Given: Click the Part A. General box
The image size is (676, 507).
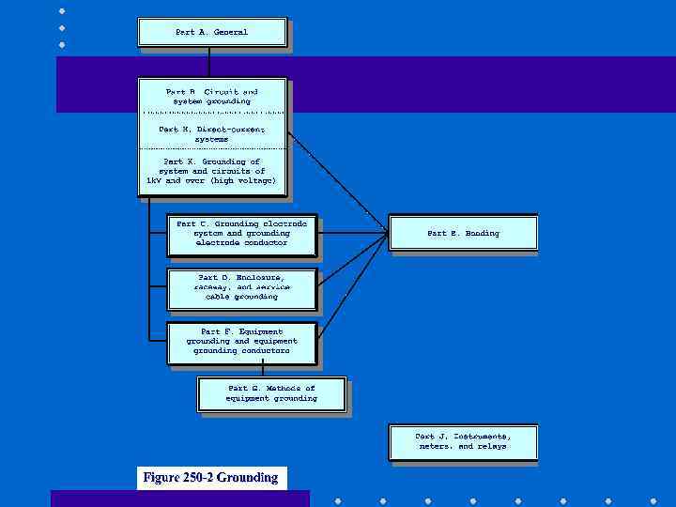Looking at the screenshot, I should click(x=211, y=32).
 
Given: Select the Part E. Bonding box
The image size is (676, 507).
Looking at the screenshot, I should click(x=463, y=233).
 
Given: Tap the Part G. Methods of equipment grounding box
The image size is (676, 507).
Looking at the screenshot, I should click(x=271, y=393).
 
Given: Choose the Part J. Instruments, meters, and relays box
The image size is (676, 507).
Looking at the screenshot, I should click(x=463, y=441).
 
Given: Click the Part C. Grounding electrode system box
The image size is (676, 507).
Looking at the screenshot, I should click(x=241, y=234).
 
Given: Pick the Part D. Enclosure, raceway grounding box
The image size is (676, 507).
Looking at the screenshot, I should click(x=241, y=287).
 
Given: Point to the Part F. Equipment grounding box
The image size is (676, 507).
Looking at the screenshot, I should click(x=241, y=342).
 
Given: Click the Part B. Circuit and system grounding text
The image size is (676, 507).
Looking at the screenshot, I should click(x=211, y=97).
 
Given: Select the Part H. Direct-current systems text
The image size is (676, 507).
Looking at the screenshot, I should click(x=211, y=134).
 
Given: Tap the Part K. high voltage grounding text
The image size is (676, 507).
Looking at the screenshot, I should click(x=211, y=171).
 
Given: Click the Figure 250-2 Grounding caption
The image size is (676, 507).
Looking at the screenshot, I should click(x=210, y=478).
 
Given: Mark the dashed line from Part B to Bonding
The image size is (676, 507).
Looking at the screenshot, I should click(x=338, y=182).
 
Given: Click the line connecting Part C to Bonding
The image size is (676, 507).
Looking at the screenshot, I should click(x=352, y=234).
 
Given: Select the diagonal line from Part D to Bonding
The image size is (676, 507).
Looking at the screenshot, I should click(x=352, y=260).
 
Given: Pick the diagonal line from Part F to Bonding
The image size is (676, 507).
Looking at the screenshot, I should click(x=352, y=286).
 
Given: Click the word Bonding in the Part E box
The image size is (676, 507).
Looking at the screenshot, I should click(x=482, y=233).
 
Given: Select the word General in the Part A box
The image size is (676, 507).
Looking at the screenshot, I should click(x=230, y=32).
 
